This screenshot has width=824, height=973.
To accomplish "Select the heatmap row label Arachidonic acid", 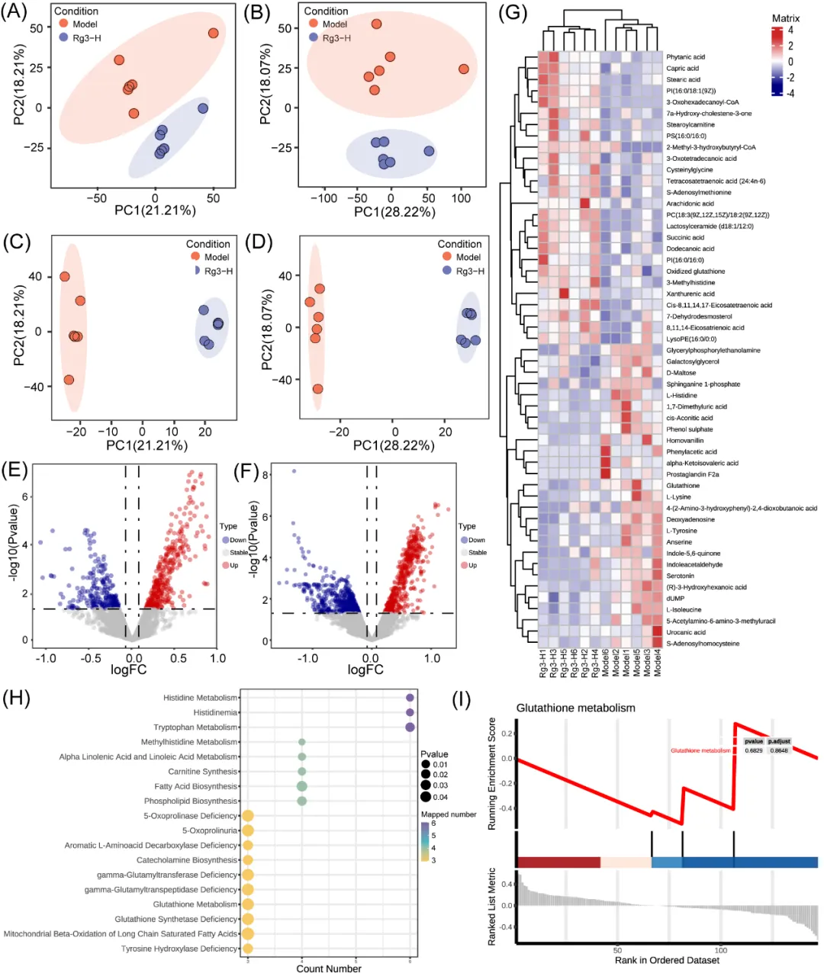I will coord(690,204).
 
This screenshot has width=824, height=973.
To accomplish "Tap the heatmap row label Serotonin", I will coord(680,576).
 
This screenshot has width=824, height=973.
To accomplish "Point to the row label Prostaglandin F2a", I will coord(692,474).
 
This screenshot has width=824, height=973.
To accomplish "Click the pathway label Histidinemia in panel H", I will coord(215,712).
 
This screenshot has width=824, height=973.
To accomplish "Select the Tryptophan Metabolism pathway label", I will coord(195,727).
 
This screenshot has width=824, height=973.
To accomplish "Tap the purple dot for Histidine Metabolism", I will coord(410,698).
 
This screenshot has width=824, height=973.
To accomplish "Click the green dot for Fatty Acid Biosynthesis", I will coord(302,786).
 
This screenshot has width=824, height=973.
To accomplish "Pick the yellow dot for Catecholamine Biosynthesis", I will coord(247,860).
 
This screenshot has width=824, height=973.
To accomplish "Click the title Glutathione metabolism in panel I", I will coord(575,708).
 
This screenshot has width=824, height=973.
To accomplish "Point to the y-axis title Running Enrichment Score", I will coord(492,773).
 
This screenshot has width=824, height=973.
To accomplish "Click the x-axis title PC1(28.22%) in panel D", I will coord(394,445).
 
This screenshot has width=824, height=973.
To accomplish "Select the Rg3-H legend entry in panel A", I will coord(86,37).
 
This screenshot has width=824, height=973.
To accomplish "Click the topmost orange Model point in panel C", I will coord(65,277).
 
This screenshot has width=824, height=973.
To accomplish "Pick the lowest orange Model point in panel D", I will coord(317,389).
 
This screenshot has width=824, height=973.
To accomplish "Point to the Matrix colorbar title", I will coord(785,18).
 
